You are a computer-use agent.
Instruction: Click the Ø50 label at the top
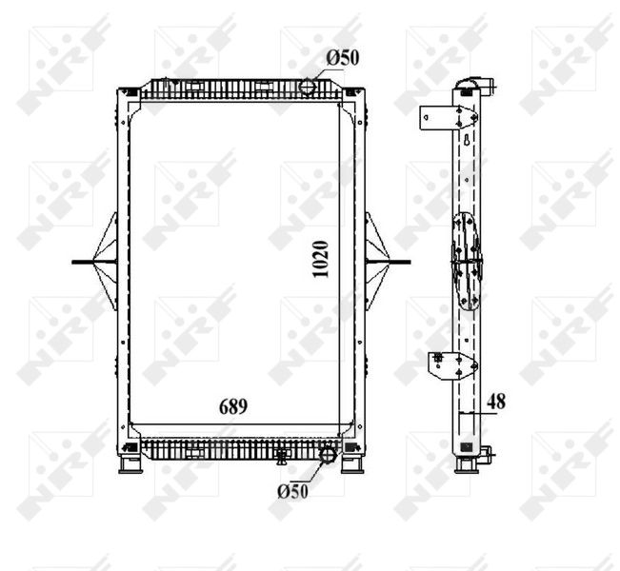coord(342,57)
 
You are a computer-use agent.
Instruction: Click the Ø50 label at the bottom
coord(293,491)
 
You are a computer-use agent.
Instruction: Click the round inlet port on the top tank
coord(308,87)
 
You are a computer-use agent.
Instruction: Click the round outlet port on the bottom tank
coord(328,455)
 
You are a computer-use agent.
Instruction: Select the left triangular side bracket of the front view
coord(102,260)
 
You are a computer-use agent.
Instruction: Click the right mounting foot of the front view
coord(352,466)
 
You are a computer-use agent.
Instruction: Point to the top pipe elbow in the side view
coord(479,88)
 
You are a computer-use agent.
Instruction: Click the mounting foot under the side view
coord(466,466)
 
